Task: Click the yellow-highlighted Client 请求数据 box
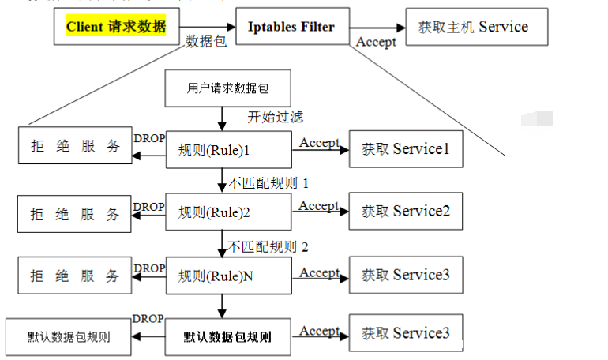[x=115, y=27]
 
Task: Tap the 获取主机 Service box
[x=473, y=27]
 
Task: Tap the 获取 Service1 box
[x=405, y=148]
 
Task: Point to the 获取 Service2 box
[x=405, y=212]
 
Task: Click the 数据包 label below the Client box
[x=206, y=41]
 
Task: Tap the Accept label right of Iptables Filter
[x=376, y=42]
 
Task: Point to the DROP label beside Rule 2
[x=149, y=207]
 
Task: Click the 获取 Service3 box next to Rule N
[x=405, y=276]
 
